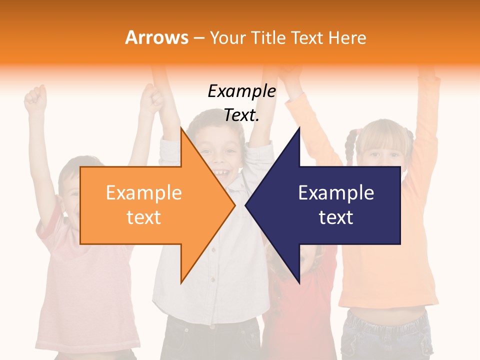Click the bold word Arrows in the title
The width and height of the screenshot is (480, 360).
pos(157,38)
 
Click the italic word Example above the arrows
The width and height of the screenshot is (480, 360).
pos(241,91)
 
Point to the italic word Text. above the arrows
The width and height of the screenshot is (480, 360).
pos(241,115)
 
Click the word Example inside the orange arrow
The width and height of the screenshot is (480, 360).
pos(144,193)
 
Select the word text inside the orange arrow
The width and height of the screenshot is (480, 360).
pos(144,217)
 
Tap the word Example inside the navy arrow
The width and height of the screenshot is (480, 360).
pos(336,193)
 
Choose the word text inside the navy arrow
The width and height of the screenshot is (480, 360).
pos(336,217)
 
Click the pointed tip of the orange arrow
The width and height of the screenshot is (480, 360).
pos(234,205)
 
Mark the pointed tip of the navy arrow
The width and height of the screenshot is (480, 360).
pos(246,205)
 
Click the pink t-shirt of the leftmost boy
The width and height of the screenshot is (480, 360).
pos(80,290)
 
